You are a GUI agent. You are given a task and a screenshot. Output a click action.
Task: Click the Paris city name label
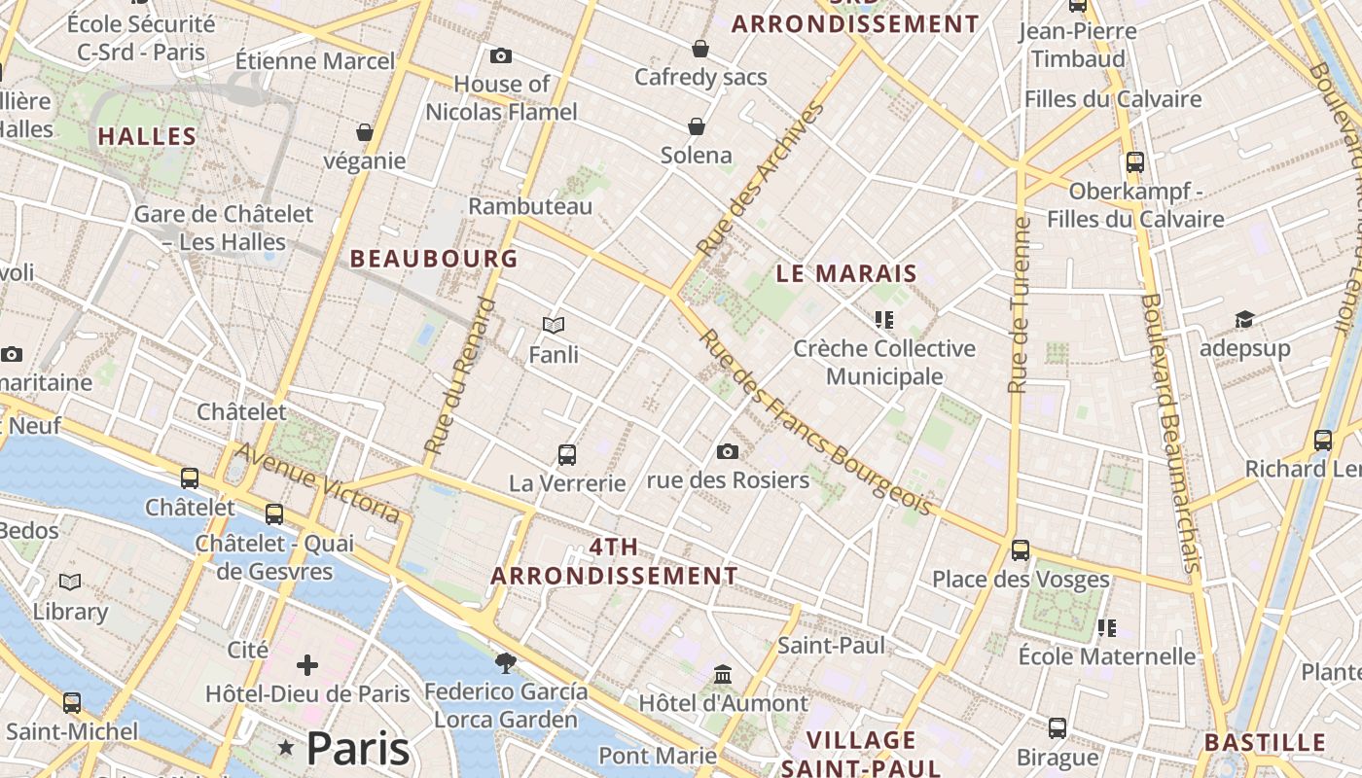[x=358, y=749]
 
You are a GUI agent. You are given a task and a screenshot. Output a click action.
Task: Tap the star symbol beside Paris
[x=286, y=748]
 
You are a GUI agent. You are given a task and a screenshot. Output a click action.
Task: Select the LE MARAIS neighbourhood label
[x=846, y=274]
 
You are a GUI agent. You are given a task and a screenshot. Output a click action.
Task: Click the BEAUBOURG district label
[x=434, y=259]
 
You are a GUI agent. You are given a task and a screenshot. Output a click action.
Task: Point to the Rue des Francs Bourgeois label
[x=815, y=423]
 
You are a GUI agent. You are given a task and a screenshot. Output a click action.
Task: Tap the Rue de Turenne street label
[x=1019, y=305]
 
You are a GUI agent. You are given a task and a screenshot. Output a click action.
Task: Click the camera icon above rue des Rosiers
[x=727, y=451]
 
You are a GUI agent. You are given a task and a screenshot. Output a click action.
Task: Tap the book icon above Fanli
[x=554, y=325]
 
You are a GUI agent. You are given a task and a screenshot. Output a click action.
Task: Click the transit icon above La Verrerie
[x=566, y=454]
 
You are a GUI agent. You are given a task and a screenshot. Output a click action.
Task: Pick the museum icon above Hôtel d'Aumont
[x=723, y=674]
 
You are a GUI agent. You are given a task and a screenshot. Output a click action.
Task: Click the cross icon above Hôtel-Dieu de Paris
[x=307, y=665]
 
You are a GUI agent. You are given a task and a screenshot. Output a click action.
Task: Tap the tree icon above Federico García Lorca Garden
[x=505, y=663]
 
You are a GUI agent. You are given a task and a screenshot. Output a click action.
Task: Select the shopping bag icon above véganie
[x=365, y=131]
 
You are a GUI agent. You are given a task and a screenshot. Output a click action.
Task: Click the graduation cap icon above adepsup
[x=1244, y=319]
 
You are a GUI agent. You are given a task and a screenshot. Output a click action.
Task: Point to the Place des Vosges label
[x=1021, y=580]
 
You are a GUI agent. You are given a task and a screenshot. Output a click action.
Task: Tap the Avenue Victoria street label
[x=319, y=482]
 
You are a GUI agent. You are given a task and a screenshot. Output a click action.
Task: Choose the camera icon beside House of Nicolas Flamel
[x=501, y=55]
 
